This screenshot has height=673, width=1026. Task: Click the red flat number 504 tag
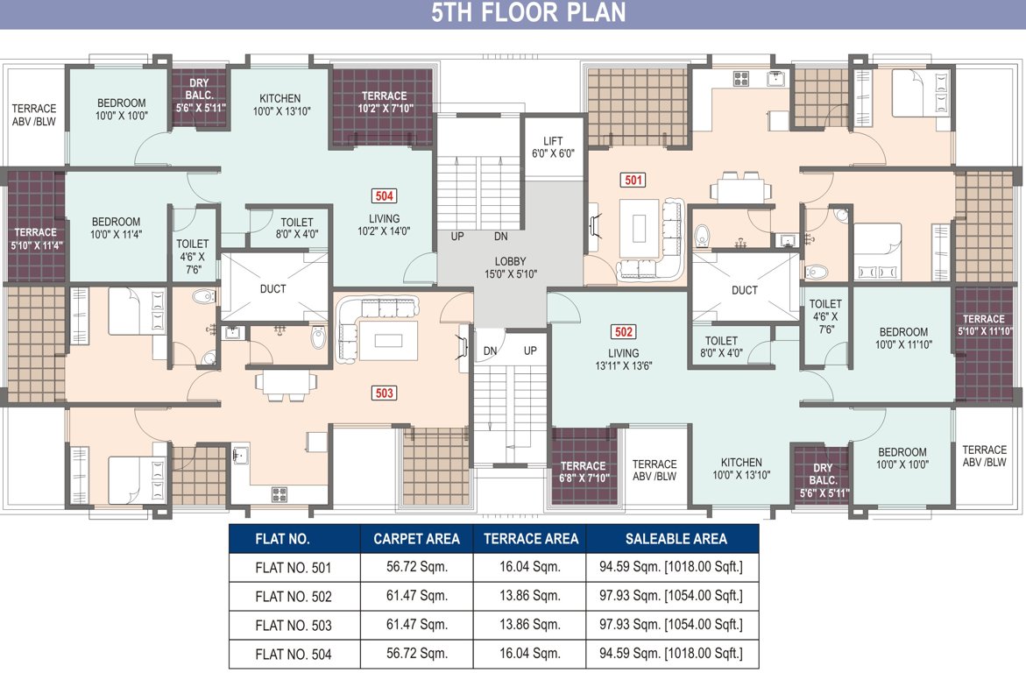384,196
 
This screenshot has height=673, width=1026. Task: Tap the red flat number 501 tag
633,181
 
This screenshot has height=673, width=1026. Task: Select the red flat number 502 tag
624,332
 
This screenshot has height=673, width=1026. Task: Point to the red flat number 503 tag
384,393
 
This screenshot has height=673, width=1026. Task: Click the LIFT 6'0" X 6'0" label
553,147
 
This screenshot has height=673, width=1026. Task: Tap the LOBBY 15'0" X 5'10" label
510,267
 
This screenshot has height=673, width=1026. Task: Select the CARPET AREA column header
416,539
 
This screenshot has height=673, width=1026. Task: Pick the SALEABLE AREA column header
676,539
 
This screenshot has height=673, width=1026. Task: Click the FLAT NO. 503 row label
294,625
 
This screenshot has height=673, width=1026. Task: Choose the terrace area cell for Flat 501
529,568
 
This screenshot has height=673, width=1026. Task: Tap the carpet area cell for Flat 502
416,597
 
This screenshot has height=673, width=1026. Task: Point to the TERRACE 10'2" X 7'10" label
384,103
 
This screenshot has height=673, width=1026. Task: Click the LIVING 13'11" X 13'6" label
623,359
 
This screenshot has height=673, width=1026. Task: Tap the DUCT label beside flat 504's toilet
272,289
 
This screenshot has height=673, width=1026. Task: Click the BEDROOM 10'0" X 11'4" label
116,228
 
